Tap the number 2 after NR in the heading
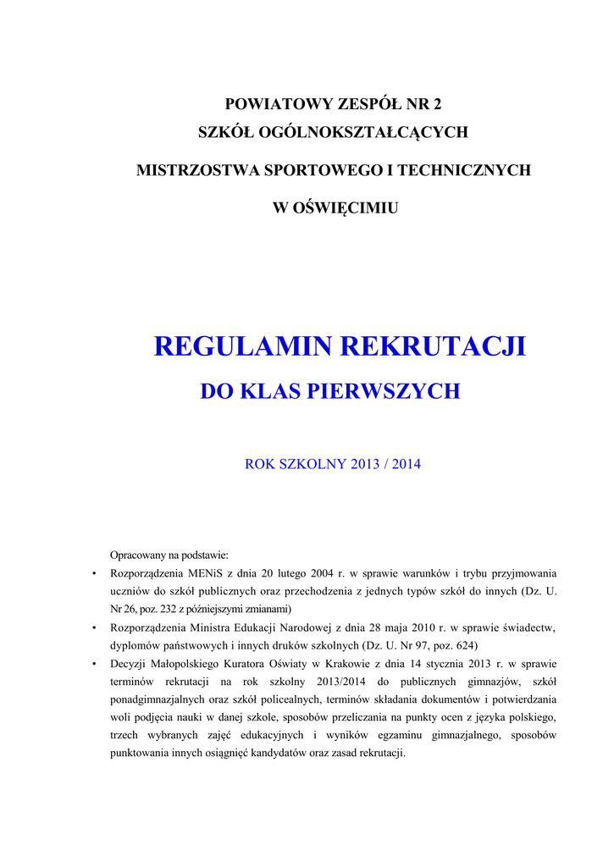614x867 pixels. pyautogui.click(x=437, y=105)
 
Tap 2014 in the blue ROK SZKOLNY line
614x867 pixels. pyautogui.click(x=405, y=464)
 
